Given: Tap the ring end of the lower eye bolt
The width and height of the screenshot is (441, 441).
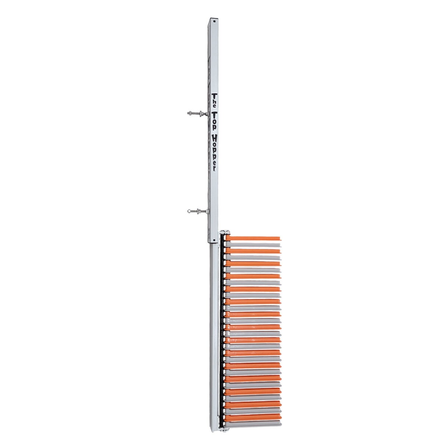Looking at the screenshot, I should [189, 211].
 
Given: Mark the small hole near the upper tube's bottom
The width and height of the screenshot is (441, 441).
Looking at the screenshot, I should [213, 241].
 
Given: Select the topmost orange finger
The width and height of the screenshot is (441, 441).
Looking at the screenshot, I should [254, 238].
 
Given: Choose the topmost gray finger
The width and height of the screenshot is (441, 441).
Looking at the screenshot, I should [254, 244].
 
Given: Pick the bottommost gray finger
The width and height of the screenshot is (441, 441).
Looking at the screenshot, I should [254, 423].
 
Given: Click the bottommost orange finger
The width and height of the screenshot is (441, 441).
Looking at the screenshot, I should [254, 417].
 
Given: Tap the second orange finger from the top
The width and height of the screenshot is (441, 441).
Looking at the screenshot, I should [254, 251].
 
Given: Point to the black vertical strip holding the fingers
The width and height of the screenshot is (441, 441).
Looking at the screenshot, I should [222, 331].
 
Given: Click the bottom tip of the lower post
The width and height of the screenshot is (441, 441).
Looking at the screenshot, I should [213, 430].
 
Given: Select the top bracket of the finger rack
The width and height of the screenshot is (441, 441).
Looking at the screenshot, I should [225, 233].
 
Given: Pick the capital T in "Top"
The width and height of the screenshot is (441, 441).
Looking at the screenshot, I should [214, 114].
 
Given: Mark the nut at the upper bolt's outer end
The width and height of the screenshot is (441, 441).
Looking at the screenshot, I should [190, 114].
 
